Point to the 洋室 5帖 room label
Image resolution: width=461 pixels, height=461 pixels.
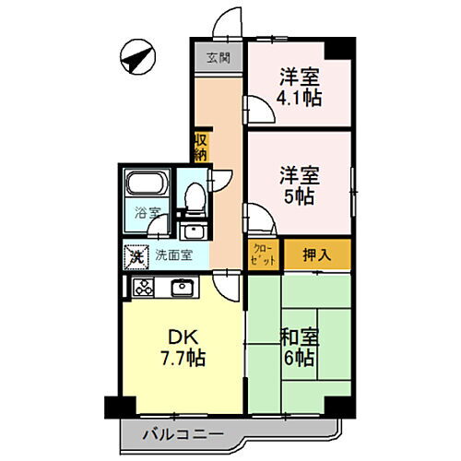(300, 183)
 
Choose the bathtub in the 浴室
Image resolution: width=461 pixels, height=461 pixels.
(144, 188)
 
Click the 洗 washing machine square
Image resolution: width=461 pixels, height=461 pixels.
(136, 255)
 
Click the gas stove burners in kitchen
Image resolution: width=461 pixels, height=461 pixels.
(145, 288)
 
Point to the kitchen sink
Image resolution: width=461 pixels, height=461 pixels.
(181, 288)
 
